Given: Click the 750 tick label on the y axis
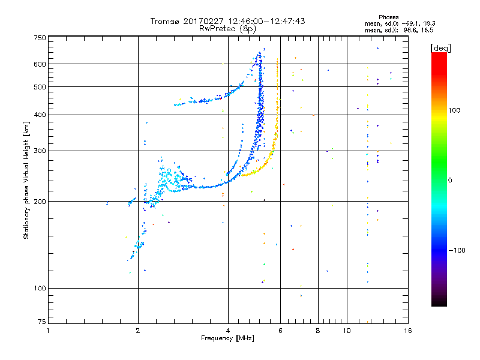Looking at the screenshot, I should coord(40,37).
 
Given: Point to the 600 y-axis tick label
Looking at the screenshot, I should coord(40,64).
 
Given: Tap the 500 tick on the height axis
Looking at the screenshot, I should coord(40,87).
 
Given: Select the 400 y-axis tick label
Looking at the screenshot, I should coord(40,115).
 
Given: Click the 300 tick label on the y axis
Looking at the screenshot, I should coord(40,151).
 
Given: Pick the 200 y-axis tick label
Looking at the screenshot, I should coord(40,201).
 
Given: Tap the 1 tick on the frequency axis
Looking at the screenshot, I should coord(48,331).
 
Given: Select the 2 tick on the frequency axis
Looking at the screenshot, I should coord(138,331).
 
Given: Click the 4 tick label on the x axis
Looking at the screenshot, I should coord(228,331).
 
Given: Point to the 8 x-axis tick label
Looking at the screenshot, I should coord(317,331).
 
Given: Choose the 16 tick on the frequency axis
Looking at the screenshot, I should coord(407,331).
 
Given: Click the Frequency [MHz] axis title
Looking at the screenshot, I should coord(227,338).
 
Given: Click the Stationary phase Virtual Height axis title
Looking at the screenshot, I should coord(26,180).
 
